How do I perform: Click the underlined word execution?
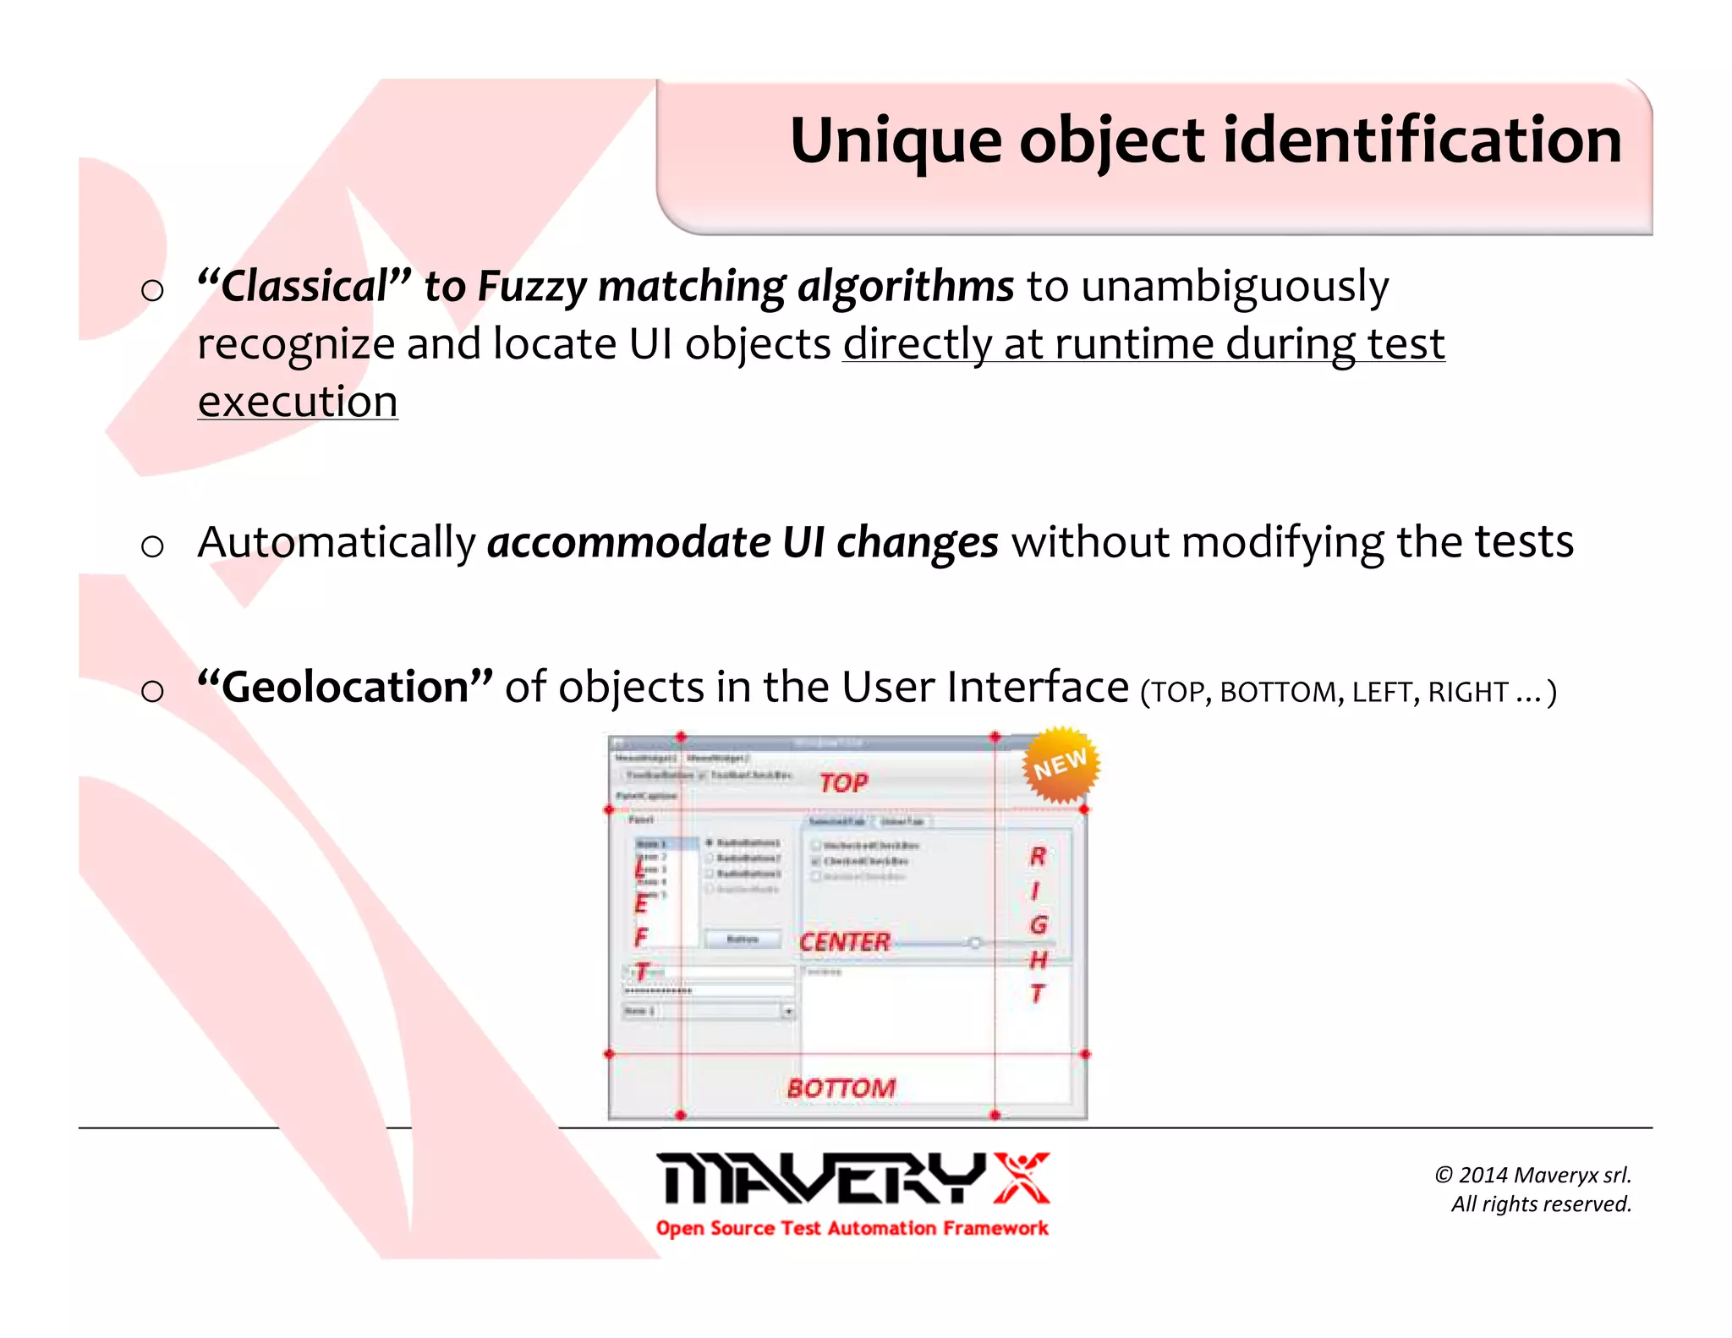(298, 402)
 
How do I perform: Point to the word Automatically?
(337, 542)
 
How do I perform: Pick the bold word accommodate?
(628, 542)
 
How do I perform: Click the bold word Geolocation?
(345, 687)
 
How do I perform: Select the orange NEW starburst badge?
(1061, 765)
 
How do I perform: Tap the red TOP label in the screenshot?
(843, 783)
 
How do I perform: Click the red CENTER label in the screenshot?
(844, 942)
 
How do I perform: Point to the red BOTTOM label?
(841, 1088)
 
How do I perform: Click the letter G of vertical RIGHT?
(1039, 925)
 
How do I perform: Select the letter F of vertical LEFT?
(641, 937)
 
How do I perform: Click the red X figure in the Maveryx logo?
(1022, 1177)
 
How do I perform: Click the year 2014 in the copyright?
(1483, 1175)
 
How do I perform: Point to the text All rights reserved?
(1541, 1204)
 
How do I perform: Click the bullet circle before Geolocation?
(152, 691)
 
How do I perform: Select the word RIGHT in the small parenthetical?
(1467, 693)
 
